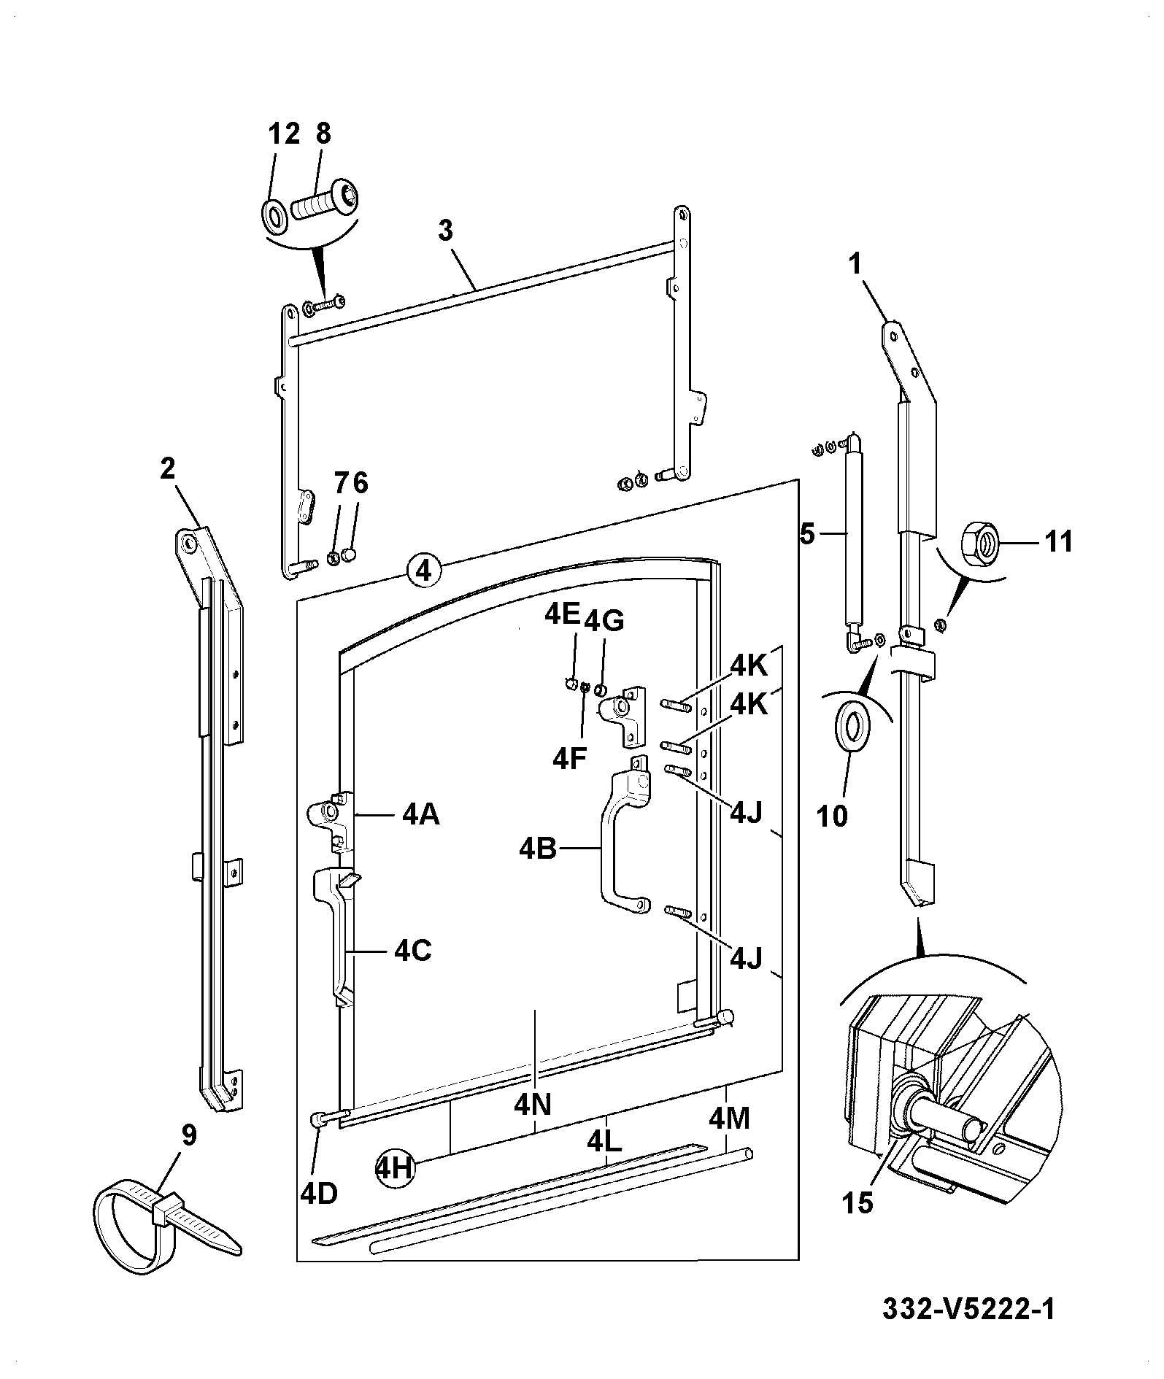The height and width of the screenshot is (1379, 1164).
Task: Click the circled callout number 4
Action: point(424,568)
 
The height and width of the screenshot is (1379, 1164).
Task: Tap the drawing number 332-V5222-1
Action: point(968,1308)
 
